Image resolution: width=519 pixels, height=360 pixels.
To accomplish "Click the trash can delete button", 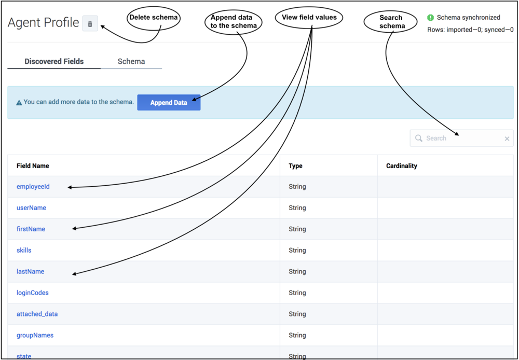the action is [x=90, y=24].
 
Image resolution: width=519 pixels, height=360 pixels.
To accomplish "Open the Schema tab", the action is [x=131, y=62].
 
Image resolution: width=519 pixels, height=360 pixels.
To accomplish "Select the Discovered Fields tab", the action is [x=54, y=62].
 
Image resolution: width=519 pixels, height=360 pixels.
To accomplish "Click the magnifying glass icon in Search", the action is [x=419, y=139].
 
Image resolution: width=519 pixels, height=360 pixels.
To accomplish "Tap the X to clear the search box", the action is [x=507, y=139].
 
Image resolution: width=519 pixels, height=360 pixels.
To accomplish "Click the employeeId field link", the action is [x=33, y=187].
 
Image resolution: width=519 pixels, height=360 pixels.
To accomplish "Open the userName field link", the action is [x=32, y=208].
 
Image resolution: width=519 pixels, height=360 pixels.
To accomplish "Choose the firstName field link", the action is [x=31, y=229].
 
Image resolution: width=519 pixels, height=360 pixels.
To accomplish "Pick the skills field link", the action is [x=24, y=250].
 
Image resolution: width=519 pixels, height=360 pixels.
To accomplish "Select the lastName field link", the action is [x=31, y=271].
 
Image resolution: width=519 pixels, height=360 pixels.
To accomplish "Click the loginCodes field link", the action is [x=32, y=293].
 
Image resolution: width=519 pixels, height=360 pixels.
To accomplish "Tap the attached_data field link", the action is [x=37, y=314].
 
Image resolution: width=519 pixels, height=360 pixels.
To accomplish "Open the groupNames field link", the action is [x=35, y=335].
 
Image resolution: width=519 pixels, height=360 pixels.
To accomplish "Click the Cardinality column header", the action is [x=402, y=166].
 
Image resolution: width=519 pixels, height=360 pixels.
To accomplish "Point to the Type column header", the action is [x=296, y=166].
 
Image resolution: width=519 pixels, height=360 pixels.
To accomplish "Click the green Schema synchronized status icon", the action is [x=430, y=18].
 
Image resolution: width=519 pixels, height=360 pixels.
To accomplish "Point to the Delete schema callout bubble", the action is [x=154, y=19].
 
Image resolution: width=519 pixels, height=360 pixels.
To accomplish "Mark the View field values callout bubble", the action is [x=309, y=18].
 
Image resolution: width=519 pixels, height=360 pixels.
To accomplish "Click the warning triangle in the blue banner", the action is [x=19, y=103].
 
